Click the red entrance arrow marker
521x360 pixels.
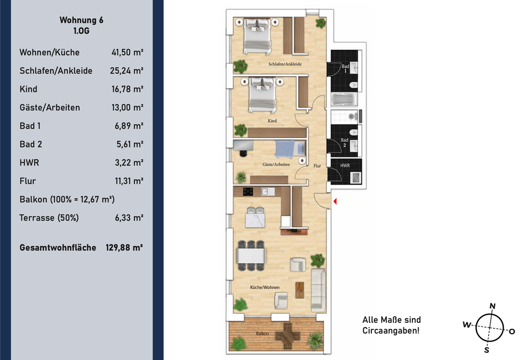[335, 201]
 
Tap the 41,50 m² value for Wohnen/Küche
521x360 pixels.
[127, 52]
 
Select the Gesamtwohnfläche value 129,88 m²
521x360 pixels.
[124, 248]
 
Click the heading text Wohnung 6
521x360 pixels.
[81, 20]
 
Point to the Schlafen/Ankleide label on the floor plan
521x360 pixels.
[285, 64]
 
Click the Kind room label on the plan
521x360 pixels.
[272, 121]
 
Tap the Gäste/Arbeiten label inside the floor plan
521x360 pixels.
[276, 164]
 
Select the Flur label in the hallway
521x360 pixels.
[317, 166]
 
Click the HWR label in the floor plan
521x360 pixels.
[345, 165]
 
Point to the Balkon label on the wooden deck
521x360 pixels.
[263, 334]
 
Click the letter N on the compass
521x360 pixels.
[493, 306]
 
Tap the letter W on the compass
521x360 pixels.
[467, 324]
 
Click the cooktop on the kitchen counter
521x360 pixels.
[248, 192]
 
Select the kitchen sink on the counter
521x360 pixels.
[266, 191]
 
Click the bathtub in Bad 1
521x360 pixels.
[344, 99]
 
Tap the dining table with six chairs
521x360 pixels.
[251, 255]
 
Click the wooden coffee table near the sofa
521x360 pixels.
[300, 290]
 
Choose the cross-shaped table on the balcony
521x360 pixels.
[287, 336]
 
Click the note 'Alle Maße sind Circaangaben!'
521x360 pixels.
[391, 325]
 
